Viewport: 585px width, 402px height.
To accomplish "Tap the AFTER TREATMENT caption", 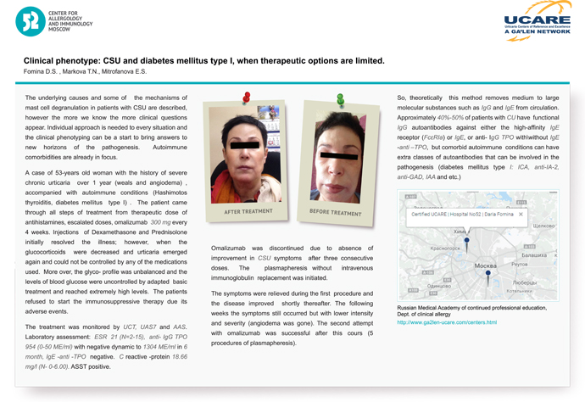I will pyautogui.click(x=247, y=210).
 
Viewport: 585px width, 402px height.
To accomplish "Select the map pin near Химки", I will pyautogui.click(x=467, y=240).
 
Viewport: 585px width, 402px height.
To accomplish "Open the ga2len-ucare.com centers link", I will pyautogui.click(x=447, y=323).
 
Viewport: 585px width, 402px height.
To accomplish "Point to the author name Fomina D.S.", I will pyautogui.click(x=42, y=73).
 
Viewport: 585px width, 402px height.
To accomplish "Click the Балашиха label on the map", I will pyautogui.click(x=535, y=254).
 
